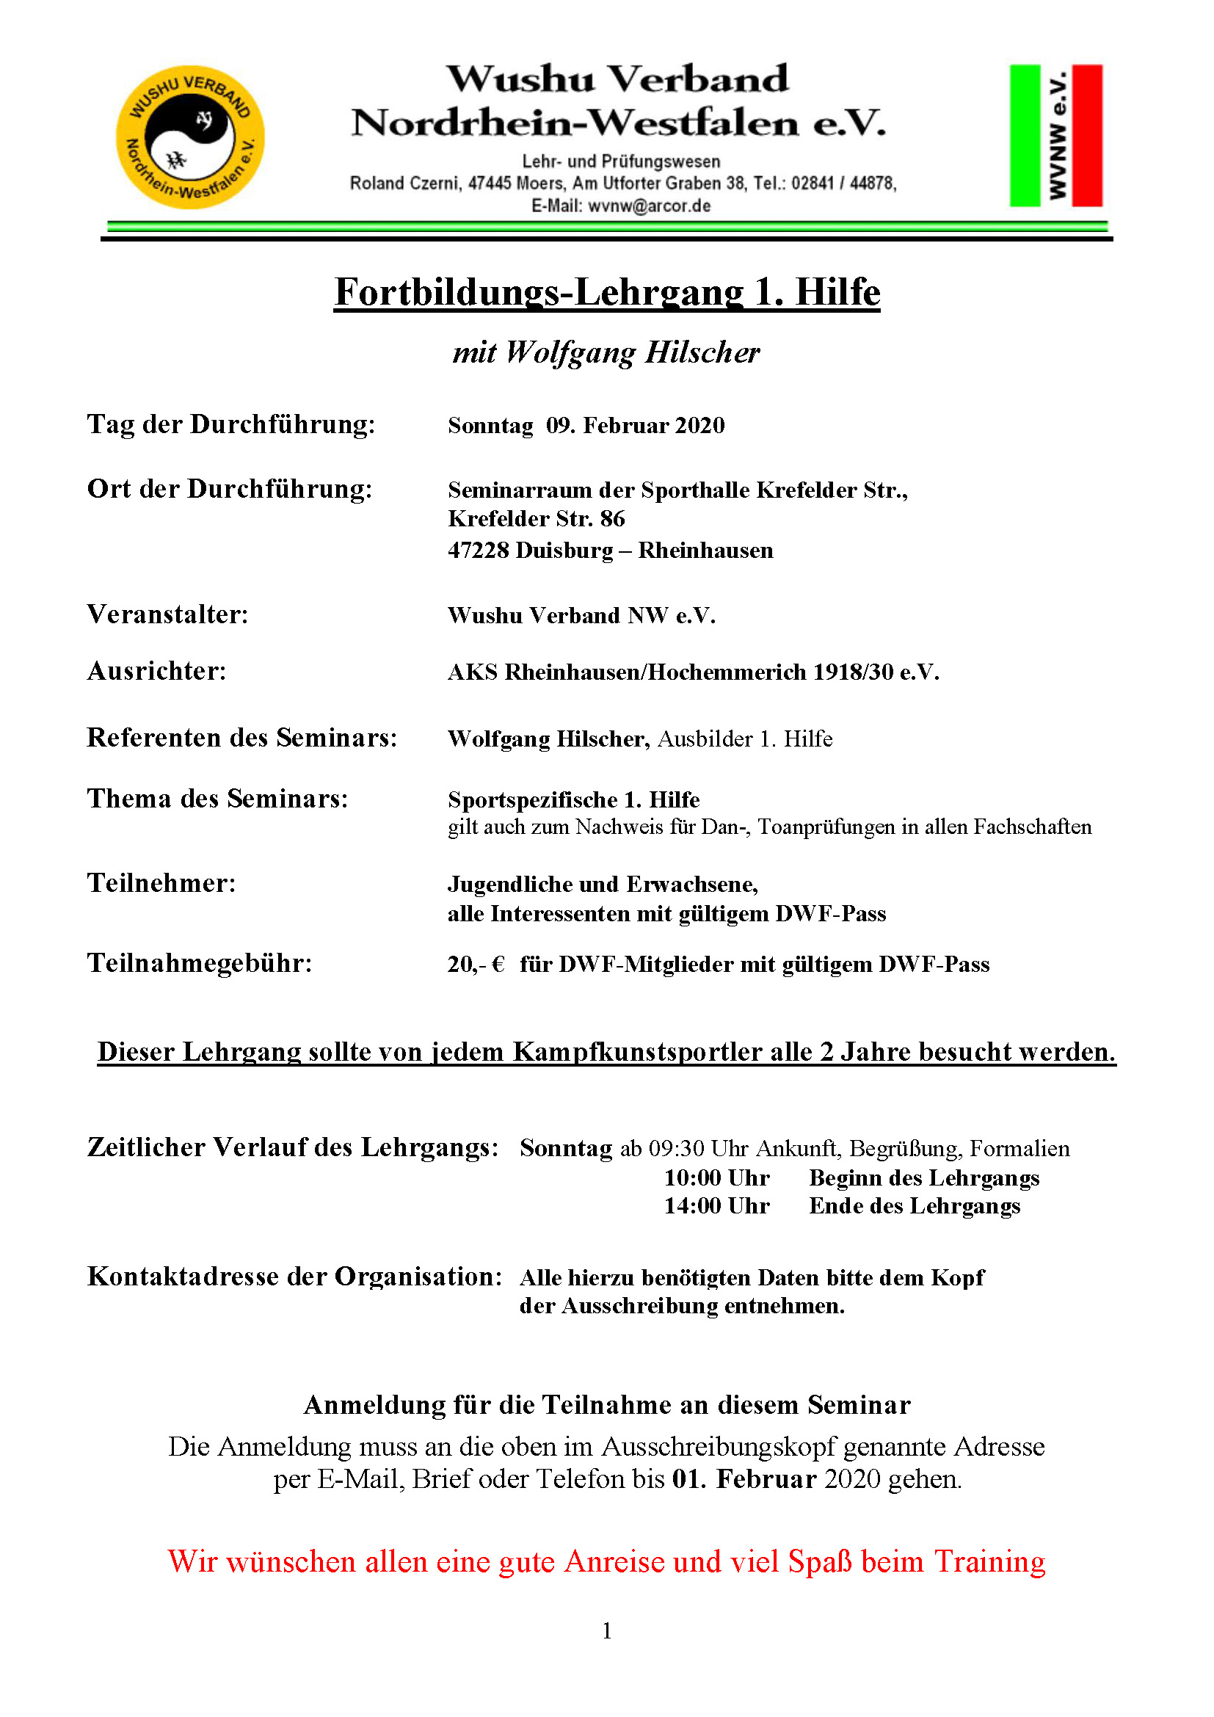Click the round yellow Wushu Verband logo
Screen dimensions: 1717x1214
[x=190, y=137]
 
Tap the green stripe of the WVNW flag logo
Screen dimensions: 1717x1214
[x=1024, y=135]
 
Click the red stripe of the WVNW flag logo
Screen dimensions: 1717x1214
[x=1087, y=135]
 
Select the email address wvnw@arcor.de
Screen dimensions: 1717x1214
[x=649, y=206]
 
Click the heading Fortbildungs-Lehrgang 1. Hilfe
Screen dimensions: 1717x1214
[x=606, y=291]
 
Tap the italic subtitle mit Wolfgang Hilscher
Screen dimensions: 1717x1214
[x=606, y=352]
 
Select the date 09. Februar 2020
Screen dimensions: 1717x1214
[x=635, y=426]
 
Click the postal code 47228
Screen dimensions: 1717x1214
[x=479, y=551]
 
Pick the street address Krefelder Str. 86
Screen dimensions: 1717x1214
[x=536, y=519]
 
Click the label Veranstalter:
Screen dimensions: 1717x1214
[x=167, y=614]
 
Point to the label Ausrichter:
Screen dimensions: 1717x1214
[x=156, y=672]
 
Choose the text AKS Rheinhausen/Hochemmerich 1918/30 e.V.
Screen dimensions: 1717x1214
[x=693, y=672]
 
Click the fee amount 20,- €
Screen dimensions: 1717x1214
[x=476, y=965]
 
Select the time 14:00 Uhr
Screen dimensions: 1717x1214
[x=716, y=1206]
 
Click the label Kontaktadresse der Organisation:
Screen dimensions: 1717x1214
[x=294, y=1277]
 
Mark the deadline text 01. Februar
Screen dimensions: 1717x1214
[x=744, y=1479]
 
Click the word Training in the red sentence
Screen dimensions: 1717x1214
[x=989, y=1561]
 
